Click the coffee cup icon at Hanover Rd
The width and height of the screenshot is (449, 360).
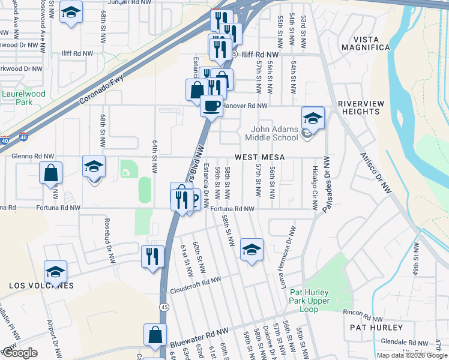(211, 106)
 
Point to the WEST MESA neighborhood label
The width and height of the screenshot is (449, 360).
(259, 157)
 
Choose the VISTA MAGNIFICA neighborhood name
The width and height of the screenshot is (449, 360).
(364, 47)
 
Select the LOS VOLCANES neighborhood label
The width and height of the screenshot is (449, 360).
(41, 286)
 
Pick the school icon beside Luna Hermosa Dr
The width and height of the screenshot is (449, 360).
(252, 250)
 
